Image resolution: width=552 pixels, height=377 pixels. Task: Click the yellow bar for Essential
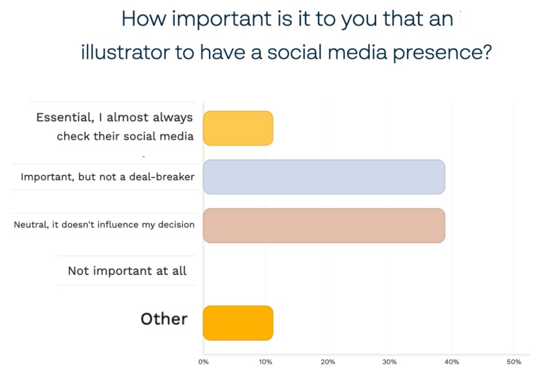(x=238, y=128)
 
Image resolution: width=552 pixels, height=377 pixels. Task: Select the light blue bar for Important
(x=324, y=177)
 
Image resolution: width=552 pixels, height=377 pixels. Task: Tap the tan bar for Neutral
(x=324, y=226)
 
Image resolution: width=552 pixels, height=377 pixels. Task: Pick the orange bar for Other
(x=238, y=323)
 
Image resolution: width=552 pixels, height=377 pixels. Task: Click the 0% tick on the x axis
(x=203, y=362)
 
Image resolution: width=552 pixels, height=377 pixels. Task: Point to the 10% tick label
(x=265, y=362)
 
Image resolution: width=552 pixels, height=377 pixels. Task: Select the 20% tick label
(x=327, y=362)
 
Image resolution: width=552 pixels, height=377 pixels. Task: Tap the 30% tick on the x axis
(x=389, y=362)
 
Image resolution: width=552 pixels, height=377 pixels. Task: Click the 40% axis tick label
(x=452, y=362)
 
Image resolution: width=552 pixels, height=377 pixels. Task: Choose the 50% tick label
(x=514, y=362)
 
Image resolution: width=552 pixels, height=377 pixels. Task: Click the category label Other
(x=164, y=319)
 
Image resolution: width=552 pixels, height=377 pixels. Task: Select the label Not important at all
(x=127, y=271)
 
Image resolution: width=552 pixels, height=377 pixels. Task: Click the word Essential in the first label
(x=65, y=118)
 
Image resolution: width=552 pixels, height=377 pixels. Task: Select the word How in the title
(x=144, y=19)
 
